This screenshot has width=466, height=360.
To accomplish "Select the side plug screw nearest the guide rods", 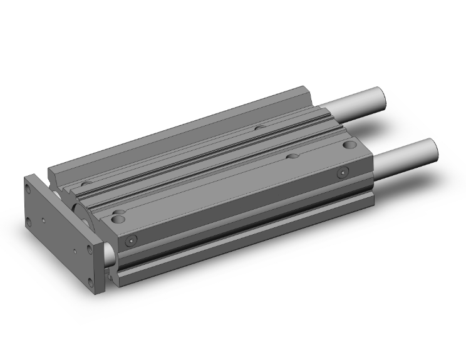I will pyautogui.click(x=342, y=172).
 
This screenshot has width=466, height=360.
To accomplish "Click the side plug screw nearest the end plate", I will pyautogui.click(x=130, y=241).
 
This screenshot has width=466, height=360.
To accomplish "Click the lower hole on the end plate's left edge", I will pyautogui.click(x=29, y=220).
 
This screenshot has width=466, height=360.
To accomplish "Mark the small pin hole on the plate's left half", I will pyautogui.click(x=43, y=220).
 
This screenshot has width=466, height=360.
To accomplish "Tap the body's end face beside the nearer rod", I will pyautogui.click(x=366, y=182).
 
